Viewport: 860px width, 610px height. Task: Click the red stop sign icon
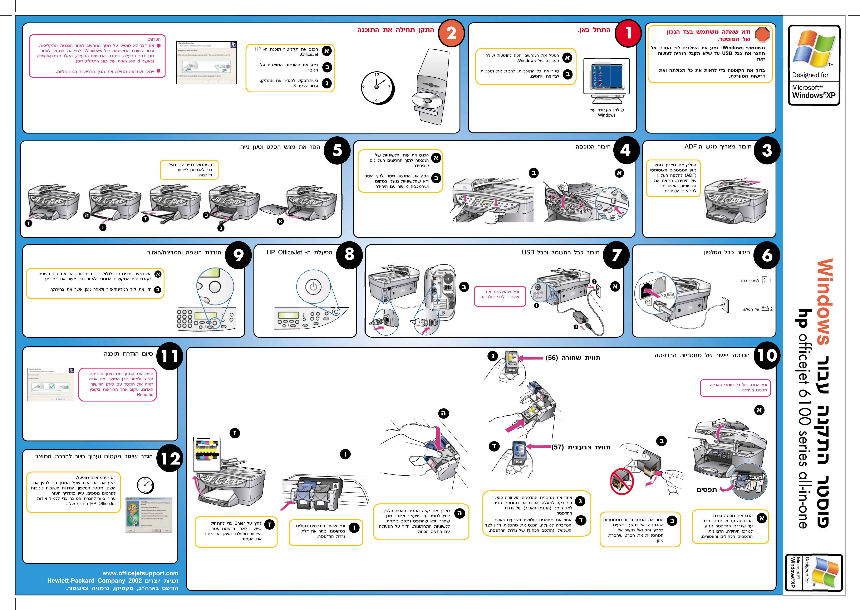point(762,35)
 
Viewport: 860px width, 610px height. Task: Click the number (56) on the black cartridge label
point(552,358)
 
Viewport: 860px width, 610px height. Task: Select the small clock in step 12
point(145,485)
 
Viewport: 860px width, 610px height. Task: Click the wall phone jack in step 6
point(725,304)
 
